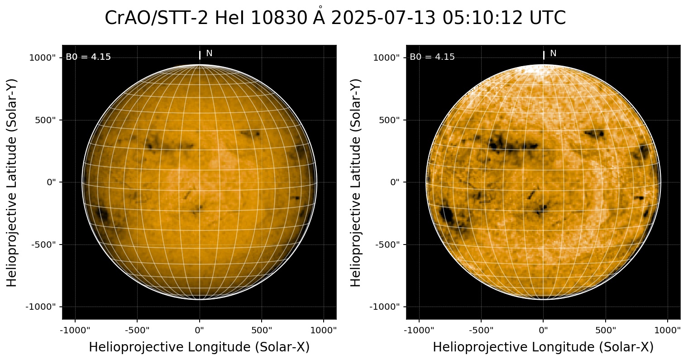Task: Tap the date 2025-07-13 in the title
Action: [x=382, y=19]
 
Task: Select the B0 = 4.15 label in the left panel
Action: [x=88, y=57]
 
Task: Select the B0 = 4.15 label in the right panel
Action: [x=432, y=57]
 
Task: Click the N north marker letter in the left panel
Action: [x=209, y=53]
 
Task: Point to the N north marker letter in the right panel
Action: [x=553, y=53]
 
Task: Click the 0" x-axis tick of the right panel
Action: [x=544, y=330]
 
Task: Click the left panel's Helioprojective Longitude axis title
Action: [x=199, y=347]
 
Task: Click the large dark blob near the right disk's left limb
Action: [x=447, y=214]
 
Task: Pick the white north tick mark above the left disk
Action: [x=200, y=55]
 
